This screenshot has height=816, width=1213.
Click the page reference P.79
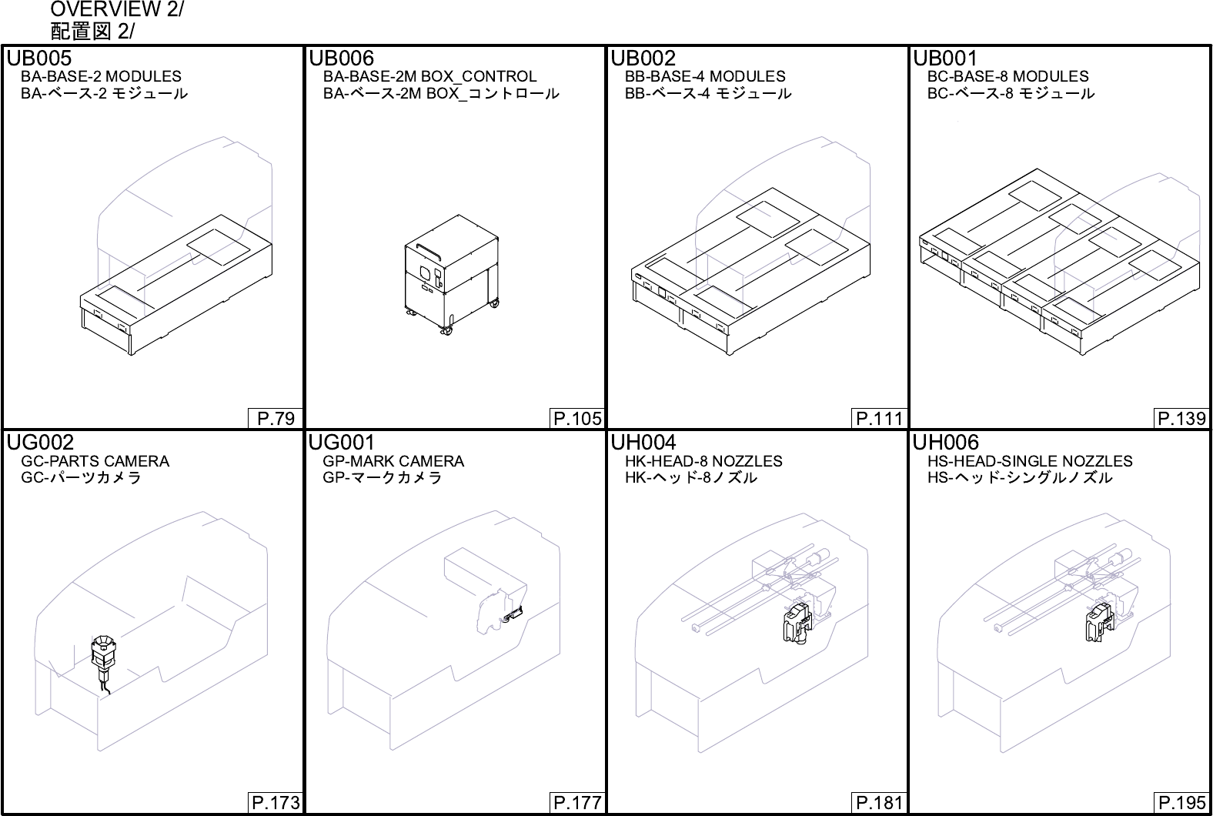(x=276, y=419)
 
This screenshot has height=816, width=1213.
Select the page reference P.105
(x=577, y=419)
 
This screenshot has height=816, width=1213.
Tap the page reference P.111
(x=879, y=419)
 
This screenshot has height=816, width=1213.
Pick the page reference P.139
(x=1181, y=419)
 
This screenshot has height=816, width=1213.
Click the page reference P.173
(x=276, y=803)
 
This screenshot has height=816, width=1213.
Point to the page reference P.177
(x=577, y=803)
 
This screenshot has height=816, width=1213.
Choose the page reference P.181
(x=879, y=803)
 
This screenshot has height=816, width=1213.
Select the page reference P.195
(x=1181, y=803)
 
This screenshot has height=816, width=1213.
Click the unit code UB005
(x=39, y=59)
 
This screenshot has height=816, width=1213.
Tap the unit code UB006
(x=341, y=59)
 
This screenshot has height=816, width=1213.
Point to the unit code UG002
(x=41, y=443)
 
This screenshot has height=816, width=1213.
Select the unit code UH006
(x=946, y=443)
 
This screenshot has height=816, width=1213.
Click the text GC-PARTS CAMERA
(x=95, y=461)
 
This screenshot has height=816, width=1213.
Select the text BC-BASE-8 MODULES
(x=1007, y=76)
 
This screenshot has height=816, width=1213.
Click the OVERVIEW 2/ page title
(x=117, y=10)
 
